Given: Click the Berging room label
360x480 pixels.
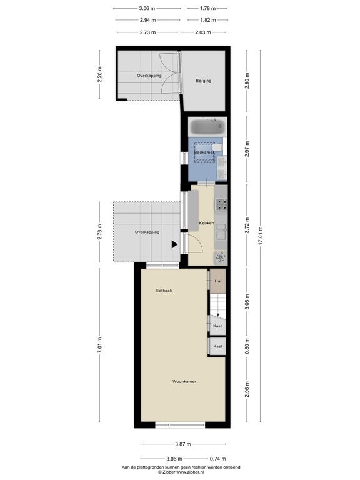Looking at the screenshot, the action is (204, 81).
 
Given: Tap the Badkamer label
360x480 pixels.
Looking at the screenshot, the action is (204, 152).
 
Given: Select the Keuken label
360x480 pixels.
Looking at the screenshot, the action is (207, 223).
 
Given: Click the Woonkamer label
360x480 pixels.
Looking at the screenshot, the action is (184, 382).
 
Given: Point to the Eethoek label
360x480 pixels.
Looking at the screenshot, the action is (164, 291).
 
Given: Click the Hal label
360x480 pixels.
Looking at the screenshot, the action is (218, 281).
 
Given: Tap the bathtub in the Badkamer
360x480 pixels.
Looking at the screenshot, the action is (207, 127).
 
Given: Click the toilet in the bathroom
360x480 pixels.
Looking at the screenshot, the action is (217, 148).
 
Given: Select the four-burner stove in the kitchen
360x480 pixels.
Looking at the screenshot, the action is (222, 204).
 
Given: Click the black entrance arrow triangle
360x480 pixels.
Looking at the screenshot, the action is (174, 244).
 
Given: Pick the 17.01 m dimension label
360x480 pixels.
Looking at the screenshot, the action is (261, 236).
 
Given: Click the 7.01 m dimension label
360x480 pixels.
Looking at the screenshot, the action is (99, 345).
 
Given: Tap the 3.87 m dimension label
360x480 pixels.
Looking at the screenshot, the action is (183, 444).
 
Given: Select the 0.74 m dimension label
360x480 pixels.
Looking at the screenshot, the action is (217, 459).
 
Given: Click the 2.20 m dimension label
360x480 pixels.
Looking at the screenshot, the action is (99, 75).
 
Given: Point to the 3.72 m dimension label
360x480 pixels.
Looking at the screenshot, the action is (247, 225).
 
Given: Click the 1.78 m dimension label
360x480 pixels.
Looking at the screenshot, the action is (208, 8).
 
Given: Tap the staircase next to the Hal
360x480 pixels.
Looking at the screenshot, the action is (217, 304).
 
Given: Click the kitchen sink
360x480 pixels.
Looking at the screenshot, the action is (221, 232).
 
